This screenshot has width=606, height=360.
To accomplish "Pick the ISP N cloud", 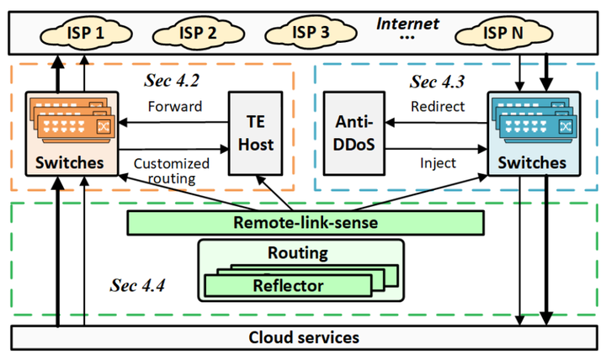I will [501, 34].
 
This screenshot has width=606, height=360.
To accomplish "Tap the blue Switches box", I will [528, 134].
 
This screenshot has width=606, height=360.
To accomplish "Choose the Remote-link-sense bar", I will [305, 223].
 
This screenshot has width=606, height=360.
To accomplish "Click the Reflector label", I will [287, 286].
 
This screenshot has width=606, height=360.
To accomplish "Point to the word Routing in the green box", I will [297, 252].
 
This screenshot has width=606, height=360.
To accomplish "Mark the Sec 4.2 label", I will [173, 81].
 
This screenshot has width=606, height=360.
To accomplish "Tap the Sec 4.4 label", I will [137, 284].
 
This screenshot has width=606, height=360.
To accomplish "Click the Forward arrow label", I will [173, 108].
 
